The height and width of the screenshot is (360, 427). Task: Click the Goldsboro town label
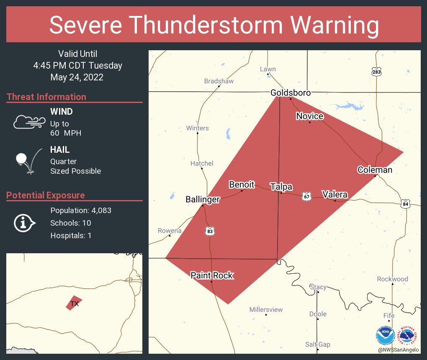click(290, 93)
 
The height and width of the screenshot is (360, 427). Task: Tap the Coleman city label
click(375, 170)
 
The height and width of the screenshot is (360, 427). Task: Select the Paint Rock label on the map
click(211, 275)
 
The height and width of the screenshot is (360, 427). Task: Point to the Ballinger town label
click(202, 200)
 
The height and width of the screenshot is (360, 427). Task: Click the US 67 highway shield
click(307, 196)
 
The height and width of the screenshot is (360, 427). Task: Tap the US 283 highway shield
click(376, 72)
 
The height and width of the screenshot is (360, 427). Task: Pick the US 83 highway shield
click(210, 231)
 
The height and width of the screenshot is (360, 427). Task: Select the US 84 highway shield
click(405, 204)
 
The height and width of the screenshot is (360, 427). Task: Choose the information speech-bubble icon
click(24, 223)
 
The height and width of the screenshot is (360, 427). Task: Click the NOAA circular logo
click(385, 335)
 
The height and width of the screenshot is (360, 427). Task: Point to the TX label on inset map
click(75, 304)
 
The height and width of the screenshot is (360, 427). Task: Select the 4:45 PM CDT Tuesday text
click(78, 66)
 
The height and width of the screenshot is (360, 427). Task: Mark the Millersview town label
click(266, 310)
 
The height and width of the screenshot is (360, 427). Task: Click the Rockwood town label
click(392, 279)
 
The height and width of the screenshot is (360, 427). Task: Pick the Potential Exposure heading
click(45, 195)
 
